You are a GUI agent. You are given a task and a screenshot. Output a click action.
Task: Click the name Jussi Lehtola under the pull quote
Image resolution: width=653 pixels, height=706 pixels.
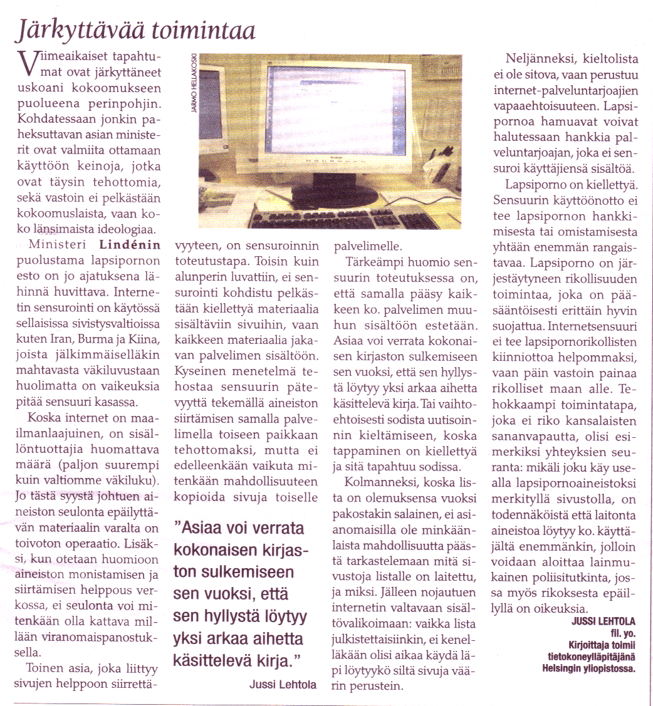pyautogui.click(x=278, y=684)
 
